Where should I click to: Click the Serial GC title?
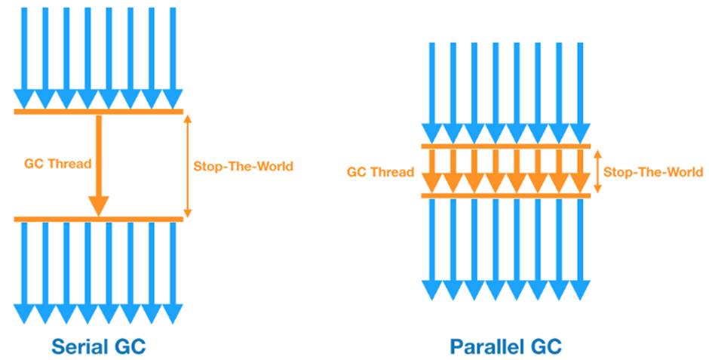(x=98, y=346)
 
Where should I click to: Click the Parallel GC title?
(x=506, y=346)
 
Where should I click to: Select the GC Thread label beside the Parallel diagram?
(x=380, y=172)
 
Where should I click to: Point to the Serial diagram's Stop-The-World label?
(x=243, y=166)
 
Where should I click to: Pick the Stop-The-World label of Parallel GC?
(x=653, y=172)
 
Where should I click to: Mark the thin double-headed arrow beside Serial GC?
(x=188, y=166)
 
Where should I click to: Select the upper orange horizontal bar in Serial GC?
(x=98, y=112)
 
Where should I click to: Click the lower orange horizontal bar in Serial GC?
(x=98, y=220)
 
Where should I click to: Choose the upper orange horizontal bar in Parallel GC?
(x=505, y=146)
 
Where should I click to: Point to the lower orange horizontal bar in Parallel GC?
(x=505, y=196)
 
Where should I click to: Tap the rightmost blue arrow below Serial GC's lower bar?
(x=173, y=272)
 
